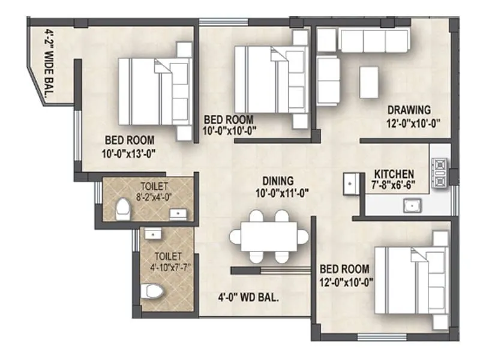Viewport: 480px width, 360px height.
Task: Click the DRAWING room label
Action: [409, 110]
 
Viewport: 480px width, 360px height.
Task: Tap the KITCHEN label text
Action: [394, 173]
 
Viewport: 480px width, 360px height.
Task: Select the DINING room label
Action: [277, 181]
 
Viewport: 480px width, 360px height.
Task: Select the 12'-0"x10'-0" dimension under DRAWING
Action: [414, 124]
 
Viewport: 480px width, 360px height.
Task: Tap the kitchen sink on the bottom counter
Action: [412, 207]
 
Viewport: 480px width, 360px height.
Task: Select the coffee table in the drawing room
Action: [369, 82]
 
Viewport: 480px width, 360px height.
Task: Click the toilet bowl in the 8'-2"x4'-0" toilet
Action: [123, 209]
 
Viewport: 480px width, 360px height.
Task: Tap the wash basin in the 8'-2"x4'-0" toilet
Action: [178, 212]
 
